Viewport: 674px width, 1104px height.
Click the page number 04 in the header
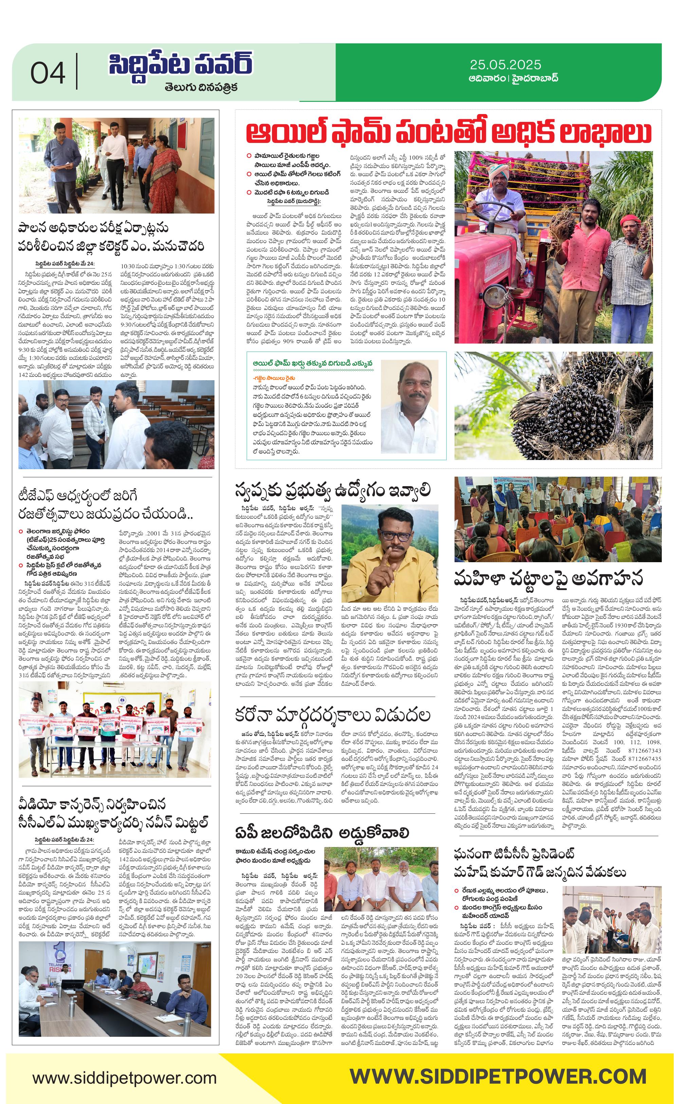(48, 73)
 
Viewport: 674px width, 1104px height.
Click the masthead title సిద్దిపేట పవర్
(181, 65)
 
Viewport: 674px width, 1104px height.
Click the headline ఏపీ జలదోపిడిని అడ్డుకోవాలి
(322, 833)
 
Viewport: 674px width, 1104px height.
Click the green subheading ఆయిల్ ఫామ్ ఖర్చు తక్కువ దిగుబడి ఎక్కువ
(312, 363)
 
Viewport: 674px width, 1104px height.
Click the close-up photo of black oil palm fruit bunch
(557, 405)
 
